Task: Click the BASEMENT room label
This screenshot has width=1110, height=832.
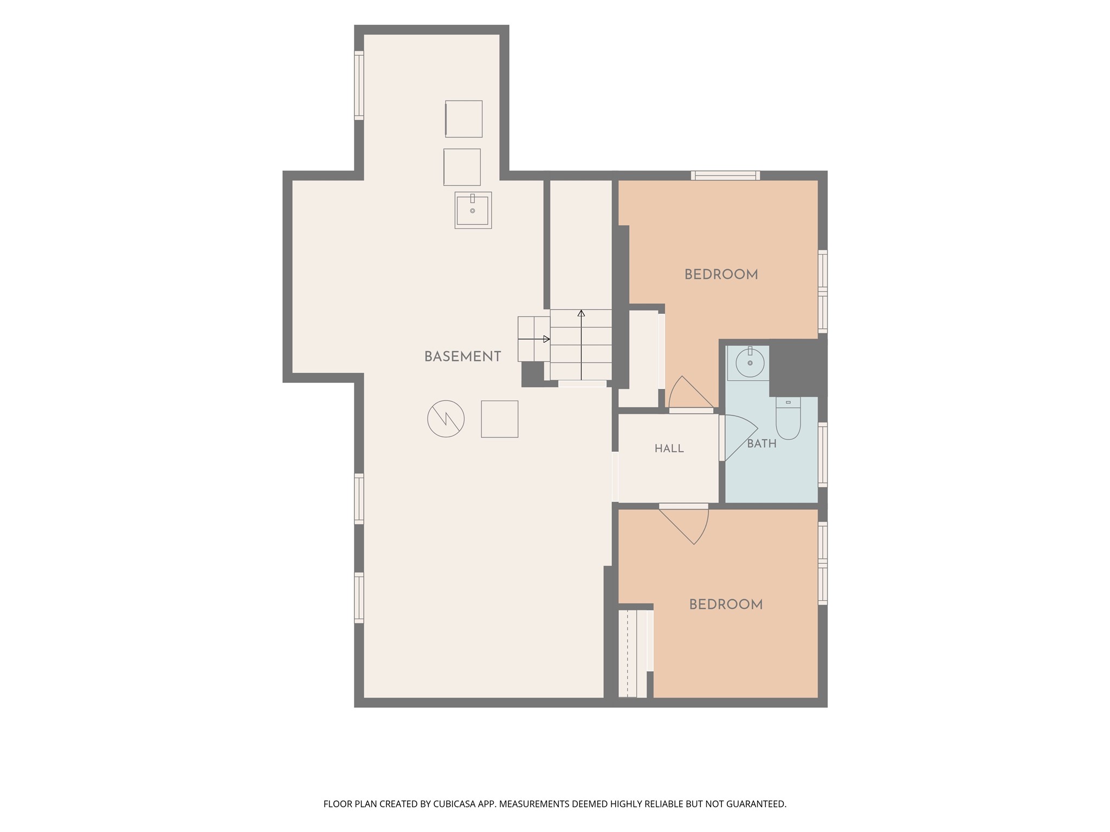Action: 462,356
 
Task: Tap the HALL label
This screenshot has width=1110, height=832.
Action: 669,448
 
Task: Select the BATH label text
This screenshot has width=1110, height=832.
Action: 761,444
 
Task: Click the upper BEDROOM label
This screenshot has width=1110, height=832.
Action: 721,275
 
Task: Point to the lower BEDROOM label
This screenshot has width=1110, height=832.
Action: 726,604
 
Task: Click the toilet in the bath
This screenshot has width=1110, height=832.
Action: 788,418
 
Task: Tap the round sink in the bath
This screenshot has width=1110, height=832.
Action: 750,362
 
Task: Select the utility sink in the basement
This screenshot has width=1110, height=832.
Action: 473,210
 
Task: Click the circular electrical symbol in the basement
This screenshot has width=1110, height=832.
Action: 446,419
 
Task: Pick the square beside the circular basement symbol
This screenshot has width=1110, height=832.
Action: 500,419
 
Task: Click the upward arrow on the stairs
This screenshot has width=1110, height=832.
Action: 581,344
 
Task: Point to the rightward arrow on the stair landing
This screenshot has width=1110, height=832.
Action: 534,339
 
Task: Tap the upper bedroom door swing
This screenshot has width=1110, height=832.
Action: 691,392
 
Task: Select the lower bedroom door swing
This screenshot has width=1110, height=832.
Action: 684,524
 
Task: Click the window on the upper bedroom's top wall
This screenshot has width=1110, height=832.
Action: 725,175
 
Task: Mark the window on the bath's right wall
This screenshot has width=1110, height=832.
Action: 823,454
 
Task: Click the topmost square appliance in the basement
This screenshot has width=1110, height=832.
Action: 463,119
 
